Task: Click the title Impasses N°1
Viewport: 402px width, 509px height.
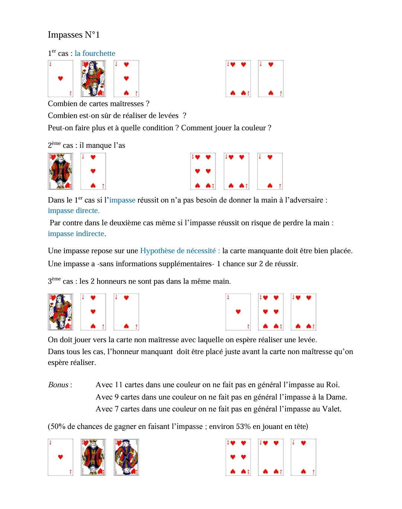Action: click(x=74, y=35)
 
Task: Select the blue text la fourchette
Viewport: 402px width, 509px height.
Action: click(x=95, y=54)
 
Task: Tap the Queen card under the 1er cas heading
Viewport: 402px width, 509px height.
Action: click(x=93, y=79)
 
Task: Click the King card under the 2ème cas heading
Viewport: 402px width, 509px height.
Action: click(x=60, y=171)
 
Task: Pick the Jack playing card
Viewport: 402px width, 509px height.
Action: click(x=126, y=457)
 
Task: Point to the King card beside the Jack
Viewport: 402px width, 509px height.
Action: click(x=93, y=457)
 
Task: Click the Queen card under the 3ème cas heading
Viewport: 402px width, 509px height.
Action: click(x=60, y=312)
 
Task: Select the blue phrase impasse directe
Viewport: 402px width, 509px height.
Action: click(x=73, y=211)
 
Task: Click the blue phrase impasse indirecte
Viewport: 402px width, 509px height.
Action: click(x=76, y=234)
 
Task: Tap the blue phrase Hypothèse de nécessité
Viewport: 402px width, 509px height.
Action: click(x=178, y=251)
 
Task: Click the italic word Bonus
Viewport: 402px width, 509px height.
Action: click(x=58, y=385)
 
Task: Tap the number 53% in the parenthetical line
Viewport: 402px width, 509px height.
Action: click(x=243, y=427)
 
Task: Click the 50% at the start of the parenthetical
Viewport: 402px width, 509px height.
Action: click(x=58, y=427)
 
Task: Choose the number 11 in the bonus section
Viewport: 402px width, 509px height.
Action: click(x=118, y=385)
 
